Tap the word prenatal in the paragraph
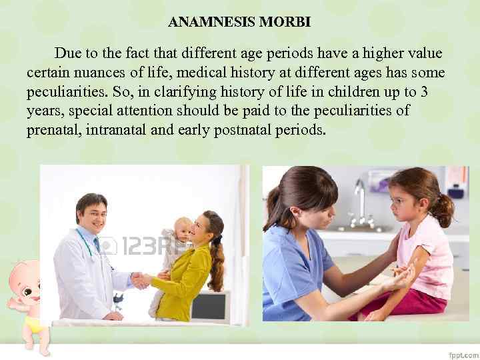[x=54, y=129]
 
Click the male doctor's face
[x=93, y=215]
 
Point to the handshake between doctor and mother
[x=141, y=280]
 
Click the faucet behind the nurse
[x=360, y=200]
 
